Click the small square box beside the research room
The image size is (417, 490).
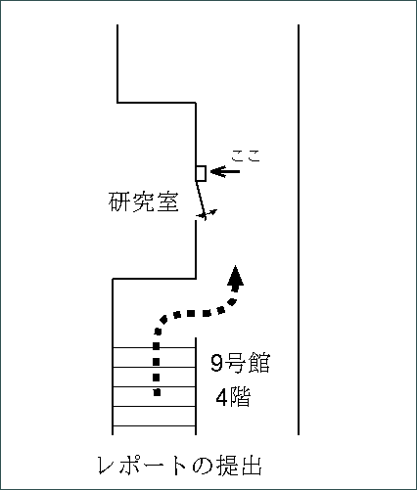201,173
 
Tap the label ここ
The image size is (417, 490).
246,156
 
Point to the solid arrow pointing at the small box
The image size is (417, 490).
225,171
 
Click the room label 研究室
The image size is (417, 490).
144,202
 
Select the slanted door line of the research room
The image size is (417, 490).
200,200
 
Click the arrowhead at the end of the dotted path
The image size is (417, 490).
236,278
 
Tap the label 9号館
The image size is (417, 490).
241,363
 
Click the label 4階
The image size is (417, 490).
233,397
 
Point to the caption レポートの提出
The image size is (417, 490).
180,466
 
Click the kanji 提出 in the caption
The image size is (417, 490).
239,466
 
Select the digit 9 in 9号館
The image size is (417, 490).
216,363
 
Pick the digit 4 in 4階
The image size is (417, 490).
222,397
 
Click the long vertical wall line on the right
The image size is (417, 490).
299,230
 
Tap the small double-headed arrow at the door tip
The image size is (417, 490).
207,214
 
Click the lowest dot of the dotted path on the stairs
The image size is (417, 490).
157,392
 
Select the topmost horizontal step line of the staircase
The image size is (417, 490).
154,348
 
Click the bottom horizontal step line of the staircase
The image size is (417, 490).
154,425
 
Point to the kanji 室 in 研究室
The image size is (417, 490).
168,202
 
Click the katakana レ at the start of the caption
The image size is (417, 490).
107,466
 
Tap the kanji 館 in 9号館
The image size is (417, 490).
259,363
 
